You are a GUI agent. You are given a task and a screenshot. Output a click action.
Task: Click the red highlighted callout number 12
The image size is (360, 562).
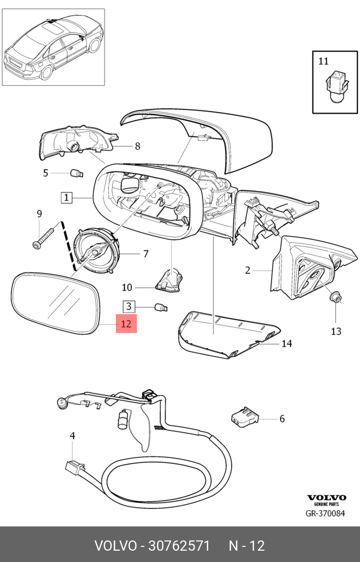[127, 324]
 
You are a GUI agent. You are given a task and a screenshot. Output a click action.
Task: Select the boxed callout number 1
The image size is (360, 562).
[66, 198]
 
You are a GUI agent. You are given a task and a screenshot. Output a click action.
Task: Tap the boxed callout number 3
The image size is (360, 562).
[129, 307]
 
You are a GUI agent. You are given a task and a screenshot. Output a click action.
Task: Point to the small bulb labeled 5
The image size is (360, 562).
[77, 173]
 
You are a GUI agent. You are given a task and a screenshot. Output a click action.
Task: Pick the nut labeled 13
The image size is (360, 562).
[336, 296]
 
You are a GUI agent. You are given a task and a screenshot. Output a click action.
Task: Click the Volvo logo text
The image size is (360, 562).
[327, 497]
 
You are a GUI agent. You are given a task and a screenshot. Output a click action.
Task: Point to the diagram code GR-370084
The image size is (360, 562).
[326, 513]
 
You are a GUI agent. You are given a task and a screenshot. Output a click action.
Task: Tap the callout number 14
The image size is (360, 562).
[286, 343]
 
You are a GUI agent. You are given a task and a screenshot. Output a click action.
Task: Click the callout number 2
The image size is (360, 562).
[247, 270]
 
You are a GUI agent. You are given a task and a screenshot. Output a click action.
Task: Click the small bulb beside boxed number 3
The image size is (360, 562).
[161, 308]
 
